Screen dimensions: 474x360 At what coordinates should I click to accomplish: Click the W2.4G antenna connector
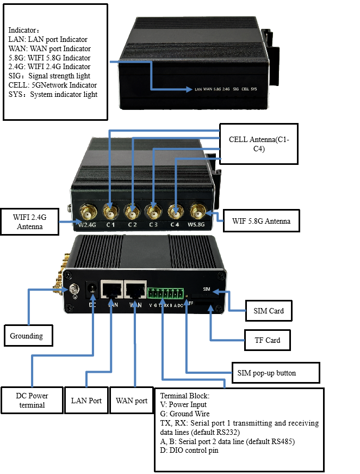tap(87, 210)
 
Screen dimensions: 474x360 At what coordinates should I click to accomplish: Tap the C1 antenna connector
tap(110, 210)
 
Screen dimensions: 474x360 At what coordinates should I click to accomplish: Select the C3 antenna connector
tap(153, 210)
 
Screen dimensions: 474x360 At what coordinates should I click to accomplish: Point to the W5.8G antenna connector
tap(196, 210)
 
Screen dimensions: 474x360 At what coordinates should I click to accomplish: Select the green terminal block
tap(164, 294)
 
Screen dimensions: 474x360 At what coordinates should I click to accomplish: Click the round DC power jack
tap(92, 289)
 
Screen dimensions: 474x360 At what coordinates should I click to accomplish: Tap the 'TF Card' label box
tap(267, 340)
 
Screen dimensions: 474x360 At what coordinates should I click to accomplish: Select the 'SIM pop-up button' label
tap(267, 372)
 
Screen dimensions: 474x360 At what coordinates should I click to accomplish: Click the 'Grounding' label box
tap(27, 336)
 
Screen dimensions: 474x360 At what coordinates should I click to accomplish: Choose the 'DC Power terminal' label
tap(31, 400)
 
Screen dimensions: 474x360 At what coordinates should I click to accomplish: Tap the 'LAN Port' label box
tap(86, 401)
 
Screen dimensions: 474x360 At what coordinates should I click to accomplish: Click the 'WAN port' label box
tap(132, 401)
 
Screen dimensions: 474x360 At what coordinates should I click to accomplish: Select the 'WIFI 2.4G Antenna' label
tap(30, 221)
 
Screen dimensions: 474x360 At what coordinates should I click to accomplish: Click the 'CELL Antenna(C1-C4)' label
tap(259, 144)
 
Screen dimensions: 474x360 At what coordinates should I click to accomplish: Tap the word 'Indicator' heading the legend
tap(22, 29)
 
